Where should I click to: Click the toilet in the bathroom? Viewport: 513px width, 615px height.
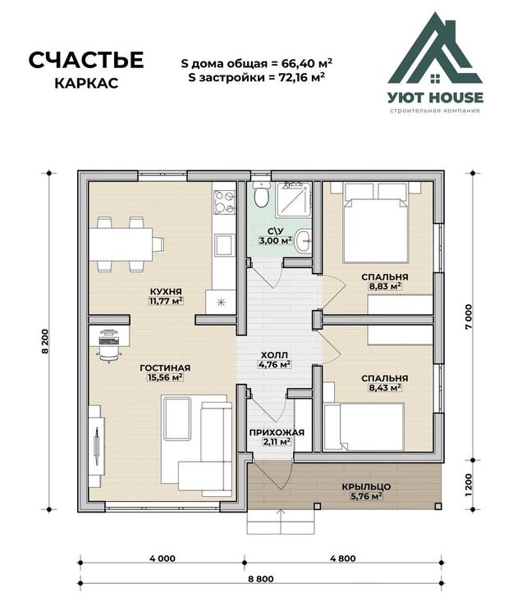pyautogui.click(x=261, y=194)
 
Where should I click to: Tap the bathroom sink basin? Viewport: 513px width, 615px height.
pyautogui.click(x=303, y=240)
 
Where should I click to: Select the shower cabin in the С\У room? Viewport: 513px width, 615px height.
pyautogui.click(x=294, y=200)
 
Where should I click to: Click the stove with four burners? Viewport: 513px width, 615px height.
pyautogui.click(x=225, y=202)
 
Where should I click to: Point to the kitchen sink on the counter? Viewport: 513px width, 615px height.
pyautogui.click(x=225, y=244)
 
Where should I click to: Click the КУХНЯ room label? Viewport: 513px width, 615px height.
pyautogui.click(x=166, y=291)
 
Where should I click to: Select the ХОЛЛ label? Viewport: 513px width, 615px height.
pyautogui.click(x=274, y=355)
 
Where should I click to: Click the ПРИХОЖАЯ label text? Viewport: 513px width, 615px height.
pyautogui.click(x=277, y=433)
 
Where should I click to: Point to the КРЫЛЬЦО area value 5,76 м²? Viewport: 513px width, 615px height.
pyautogui.click(x=366, y=496)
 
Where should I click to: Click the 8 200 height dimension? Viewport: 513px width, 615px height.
pyautogui.click(x=45, y=341)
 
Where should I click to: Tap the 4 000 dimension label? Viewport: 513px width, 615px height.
pyautogui.click(x=163, y=558)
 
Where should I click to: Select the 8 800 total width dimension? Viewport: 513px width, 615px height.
pyautogui.click(x=261, y=579)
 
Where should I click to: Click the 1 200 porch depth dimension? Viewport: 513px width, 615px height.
pyautogui.click(x=468, y=485)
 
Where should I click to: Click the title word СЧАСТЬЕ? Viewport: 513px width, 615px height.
pyautogui.click(x=86, y=60)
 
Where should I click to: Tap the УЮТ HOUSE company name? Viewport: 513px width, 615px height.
pyautogui.click(x=436, y=98)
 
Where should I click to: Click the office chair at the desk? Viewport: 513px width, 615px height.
pyautogui.click(x=108, y=353)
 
